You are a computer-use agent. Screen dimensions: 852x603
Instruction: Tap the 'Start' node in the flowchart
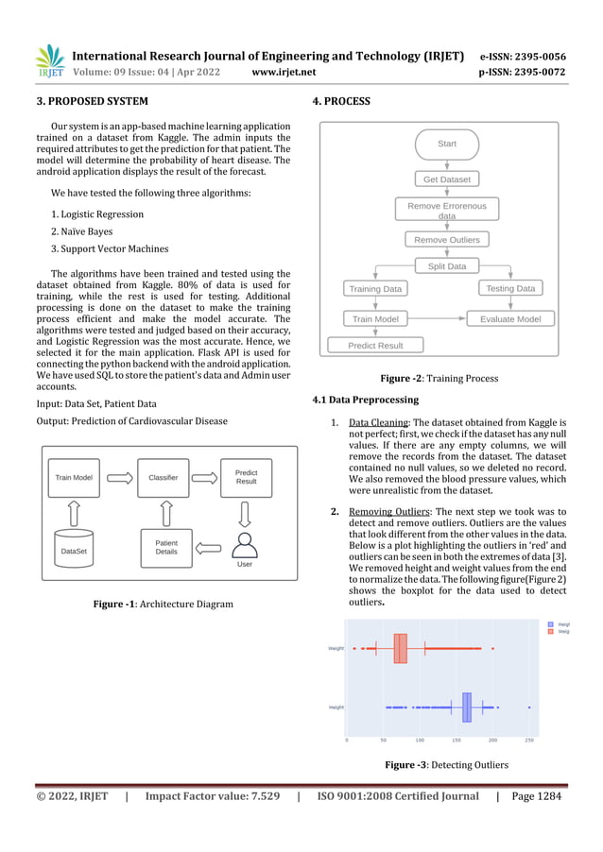tap(446, 144)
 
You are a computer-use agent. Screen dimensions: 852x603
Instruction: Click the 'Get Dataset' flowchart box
tap(446, 179)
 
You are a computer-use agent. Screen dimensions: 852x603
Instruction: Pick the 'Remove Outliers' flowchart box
tap(446, 239)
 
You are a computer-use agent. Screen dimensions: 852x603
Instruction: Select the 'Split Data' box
tap(446, 265)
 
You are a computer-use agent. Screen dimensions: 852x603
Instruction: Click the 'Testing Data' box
tap(509, 288)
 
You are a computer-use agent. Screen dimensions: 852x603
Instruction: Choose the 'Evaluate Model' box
tap(509, 319)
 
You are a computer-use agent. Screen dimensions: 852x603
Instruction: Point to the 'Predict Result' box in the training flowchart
tap(375, 346)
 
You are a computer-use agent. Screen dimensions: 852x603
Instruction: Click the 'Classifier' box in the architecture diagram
tap(164, 478)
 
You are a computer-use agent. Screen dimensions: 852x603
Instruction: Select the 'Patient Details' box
tap(166, 548)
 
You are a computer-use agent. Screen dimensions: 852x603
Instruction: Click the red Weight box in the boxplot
tap(401, 649)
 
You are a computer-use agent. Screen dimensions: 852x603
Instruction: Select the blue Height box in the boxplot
tap(466, 707)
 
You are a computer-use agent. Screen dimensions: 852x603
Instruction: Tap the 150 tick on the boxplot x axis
tap(457, 741)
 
